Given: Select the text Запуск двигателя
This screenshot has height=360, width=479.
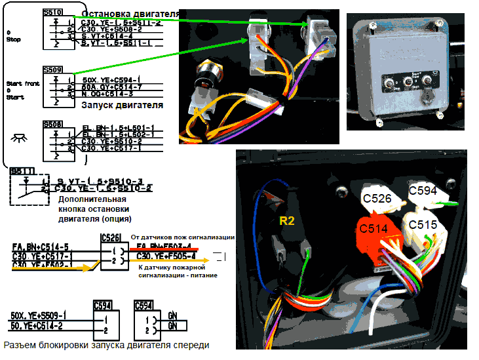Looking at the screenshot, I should click(122, 104).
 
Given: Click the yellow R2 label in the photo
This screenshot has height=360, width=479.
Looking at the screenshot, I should click(286, 221).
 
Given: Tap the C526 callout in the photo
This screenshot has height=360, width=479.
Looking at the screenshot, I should click(377, 197).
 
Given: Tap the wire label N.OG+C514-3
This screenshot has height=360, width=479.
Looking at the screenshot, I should click(107, 94).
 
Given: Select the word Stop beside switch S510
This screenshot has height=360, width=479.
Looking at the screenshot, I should click(13, 40).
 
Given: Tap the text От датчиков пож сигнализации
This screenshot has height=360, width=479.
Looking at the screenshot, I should click(183, 237).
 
